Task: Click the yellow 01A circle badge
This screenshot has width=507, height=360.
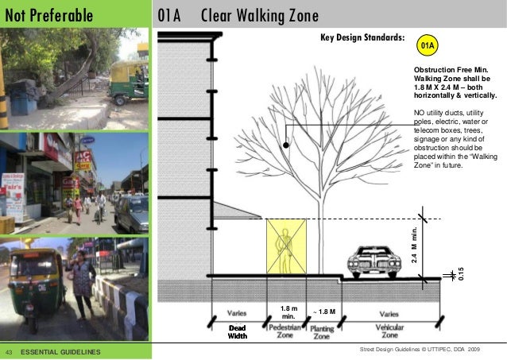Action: point(428,47)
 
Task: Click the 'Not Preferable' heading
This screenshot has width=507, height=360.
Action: point(50,15)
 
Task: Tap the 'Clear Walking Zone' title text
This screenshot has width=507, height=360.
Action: point(260,15)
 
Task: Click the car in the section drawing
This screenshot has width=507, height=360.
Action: point(374,260)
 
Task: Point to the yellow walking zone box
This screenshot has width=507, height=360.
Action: point(285,246)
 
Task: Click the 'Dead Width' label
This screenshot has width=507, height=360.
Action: point(238,332)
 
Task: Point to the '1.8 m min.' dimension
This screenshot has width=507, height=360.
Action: point(289,312)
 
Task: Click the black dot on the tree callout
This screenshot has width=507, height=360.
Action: point(285,145)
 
